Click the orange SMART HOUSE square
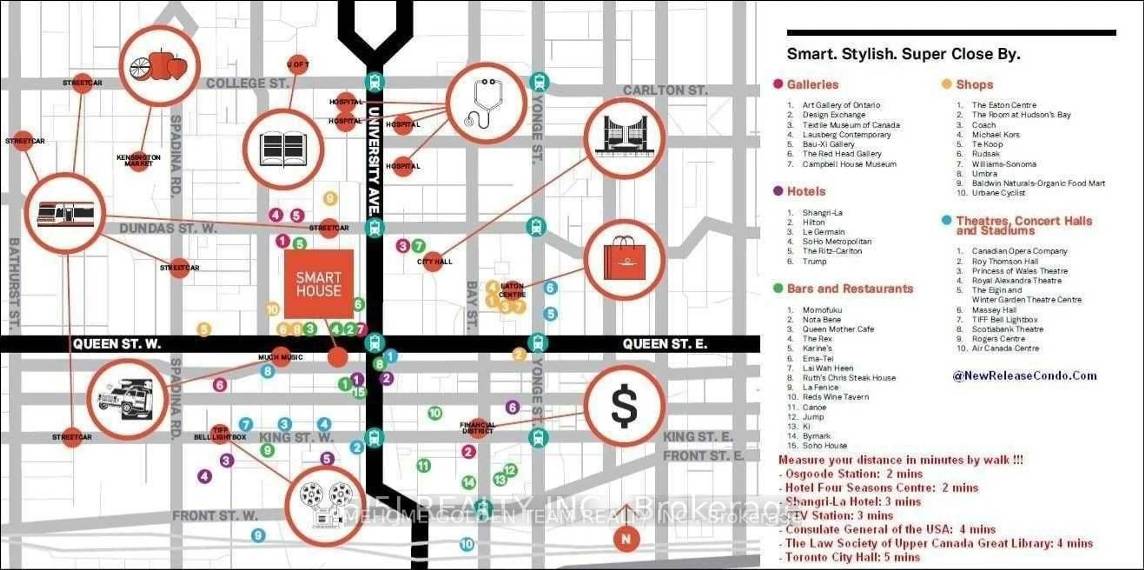318,284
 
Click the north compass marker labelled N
626,539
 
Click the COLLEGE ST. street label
247,83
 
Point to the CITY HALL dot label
434,261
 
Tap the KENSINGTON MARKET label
139,160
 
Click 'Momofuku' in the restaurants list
822,310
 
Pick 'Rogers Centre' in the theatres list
998,338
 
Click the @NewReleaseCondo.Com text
1024,376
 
